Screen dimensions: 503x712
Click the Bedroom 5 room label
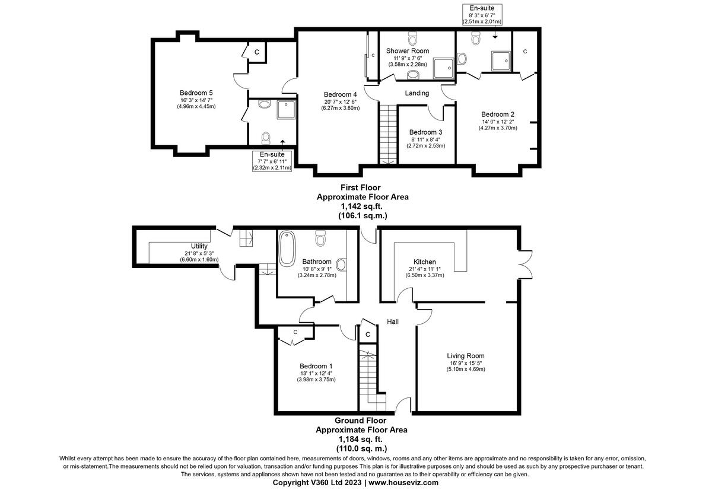(196, 93)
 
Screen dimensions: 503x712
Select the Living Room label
(465, 356)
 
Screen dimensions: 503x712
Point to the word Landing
(417, 93)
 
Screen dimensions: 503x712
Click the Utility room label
(199, 246)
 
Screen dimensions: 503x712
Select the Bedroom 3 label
(425, 132)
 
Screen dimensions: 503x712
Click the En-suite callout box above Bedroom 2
(482, 14)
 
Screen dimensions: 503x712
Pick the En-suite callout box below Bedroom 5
(271, 161)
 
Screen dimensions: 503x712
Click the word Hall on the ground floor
(393, 321)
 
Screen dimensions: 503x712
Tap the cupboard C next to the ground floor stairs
(368, 335)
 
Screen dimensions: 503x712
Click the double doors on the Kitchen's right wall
(524, 262)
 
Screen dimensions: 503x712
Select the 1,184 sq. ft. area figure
(361, 439)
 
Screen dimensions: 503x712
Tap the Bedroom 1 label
(316, 366)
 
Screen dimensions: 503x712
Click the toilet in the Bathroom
(321, 238)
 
